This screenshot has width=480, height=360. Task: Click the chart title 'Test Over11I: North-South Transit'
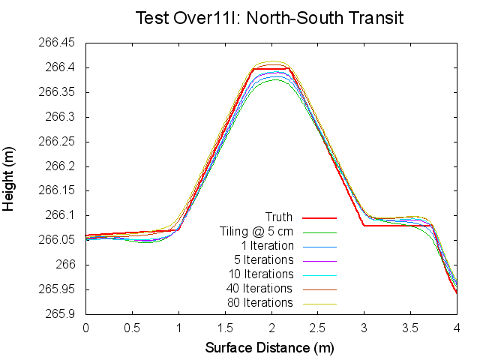tap(269, 18)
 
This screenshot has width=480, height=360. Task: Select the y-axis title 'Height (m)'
tap(10, 178)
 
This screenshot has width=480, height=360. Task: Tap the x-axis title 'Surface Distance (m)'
tap(269, 348)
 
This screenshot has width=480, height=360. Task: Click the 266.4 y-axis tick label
tap(61, 67)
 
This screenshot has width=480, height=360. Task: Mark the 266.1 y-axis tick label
tap(61, 215)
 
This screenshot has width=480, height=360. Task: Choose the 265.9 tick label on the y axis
tap(58, 313)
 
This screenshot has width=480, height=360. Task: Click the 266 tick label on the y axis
tap(66, 265)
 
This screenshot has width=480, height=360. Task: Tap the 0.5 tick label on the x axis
tap(132, 328)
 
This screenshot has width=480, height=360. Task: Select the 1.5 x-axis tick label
tap(225, 328)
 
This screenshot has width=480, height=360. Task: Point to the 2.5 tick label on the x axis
tap(318, 328)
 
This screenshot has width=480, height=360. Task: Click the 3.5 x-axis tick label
tap(410, 328)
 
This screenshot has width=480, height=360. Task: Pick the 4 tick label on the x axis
tap(457, 328)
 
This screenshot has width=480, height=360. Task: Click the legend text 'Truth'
tap(279, 217)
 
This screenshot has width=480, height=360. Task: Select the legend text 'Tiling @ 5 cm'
tap(257, 232)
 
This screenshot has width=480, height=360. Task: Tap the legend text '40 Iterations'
tap(259, 289)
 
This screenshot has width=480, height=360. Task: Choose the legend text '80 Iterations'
tap(259, 303)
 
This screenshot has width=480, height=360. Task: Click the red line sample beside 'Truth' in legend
tap(320, 217)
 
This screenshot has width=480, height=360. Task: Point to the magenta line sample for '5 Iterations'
tap(320, 260)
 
